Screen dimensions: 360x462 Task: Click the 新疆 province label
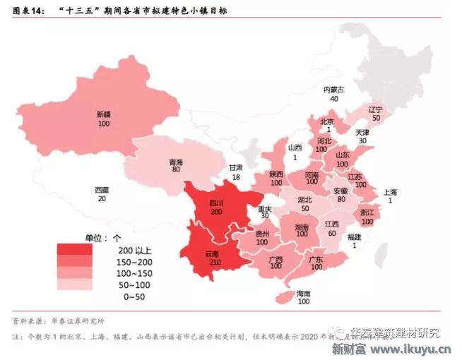(x=105, y=114)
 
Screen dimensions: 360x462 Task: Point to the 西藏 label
(x=102, y=190)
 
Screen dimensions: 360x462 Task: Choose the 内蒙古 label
(x=333, y=90)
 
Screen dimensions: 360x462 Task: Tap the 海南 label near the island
(x=304, y=293)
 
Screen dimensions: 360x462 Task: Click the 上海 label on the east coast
(x=390, y=192)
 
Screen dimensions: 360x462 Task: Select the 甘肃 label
(x=235, y=167)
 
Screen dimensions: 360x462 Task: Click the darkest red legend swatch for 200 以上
(x=74, y=250)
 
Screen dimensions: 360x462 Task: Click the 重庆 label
(x=264, y=209)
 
